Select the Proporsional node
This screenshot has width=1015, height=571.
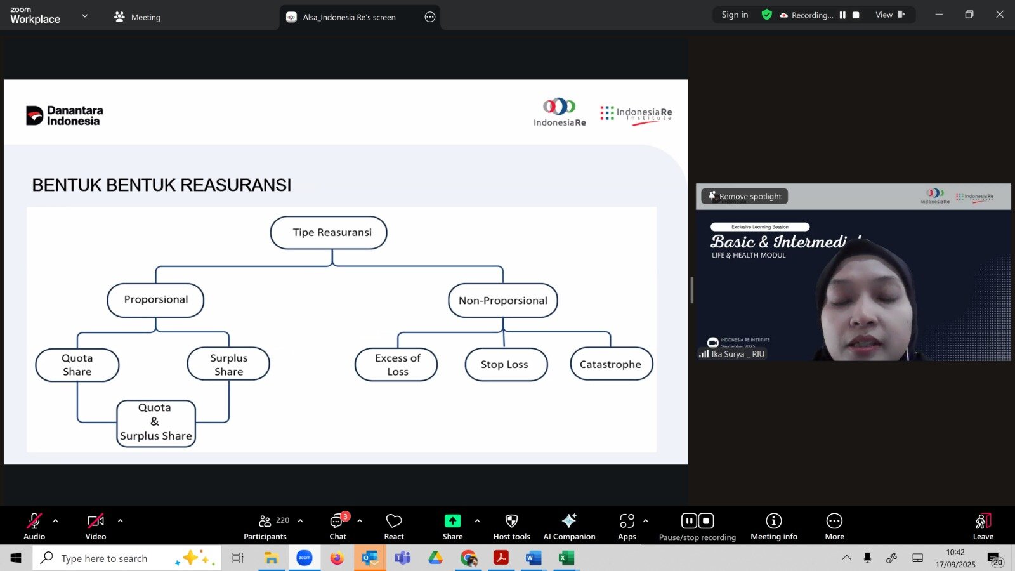click(x=155, y=300)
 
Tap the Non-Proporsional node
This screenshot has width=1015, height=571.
click(x=503, y=301)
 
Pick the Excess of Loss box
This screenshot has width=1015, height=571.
click(x=396, y=365)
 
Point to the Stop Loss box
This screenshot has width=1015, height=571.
click(x=506, y=365)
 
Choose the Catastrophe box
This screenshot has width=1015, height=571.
click(x=611, y=364)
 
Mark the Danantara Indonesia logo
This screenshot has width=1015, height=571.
click(x=65, y=116)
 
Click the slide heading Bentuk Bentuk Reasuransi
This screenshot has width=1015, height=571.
click(x=162, y=185)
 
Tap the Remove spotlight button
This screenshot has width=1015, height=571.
click(x=745, y=197)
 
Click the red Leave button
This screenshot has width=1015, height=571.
click(x=983, y=526)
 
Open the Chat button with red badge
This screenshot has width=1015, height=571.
click(x=337, y=526)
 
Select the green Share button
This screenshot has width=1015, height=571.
click(x=452, y=526)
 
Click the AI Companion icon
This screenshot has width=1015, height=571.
click(x=569, y=526)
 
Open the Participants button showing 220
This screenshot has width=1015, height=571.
click(x=265, y=526)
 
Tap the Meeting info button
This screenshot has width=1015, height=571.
click(x=773, y=526)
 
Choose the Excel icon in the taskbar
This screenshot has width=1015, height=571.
click(x=566, y=558)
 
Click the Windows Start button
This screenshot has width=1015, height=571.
click(x=16, y=558)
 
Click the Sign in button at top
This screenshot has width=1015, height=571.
click(x=735, y=15)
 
